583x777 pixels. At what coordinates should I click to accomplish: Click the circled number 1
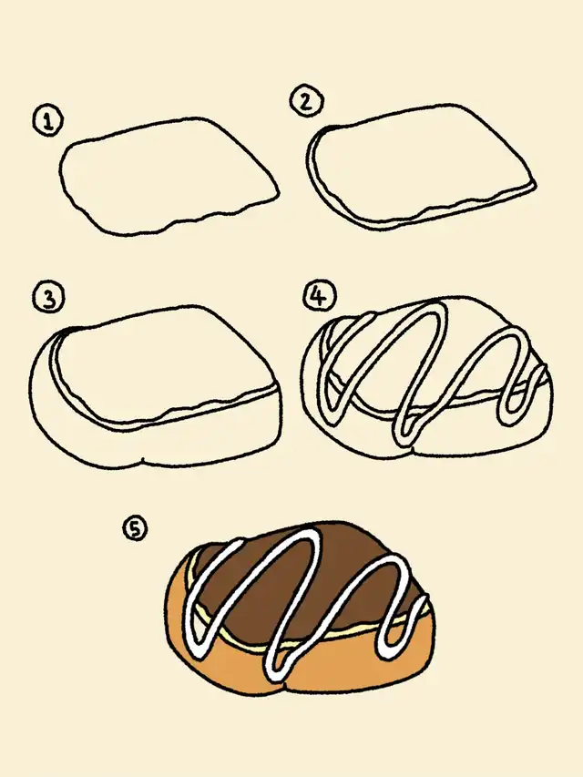pyautogui.click(x=48, y=122)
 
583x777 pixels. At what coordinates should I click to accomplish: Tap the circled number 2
pyautogui.click(x=306, y=101)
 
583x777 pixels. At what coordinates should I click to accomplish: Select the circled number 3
pyautogui.click(x=48, y=298)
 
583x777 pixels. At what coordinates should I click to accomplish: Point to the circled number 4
pyautogui.click(x=319, y=296)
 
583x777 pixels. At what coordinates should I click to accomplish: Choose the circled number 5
pyautogui.click(x=136, y=528)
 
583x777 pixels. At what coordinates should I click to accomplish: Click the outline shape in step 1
pyautogui.click(x=169, y=119)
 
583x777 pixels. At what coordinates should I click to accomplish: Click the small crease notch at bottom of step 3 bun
pyautogui.click(x=143, y=461)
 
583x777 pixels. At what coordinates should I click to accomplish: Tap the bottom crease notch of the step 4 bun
pyautogui.click(x=413, y=450)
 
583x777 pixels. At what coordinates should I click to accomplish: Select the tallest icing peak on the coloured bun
pyautogui.click(x=310, y=534)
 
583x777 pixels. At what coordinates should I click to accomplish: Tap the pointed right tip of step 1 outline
pyautogui.click(x=278, y=194)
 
